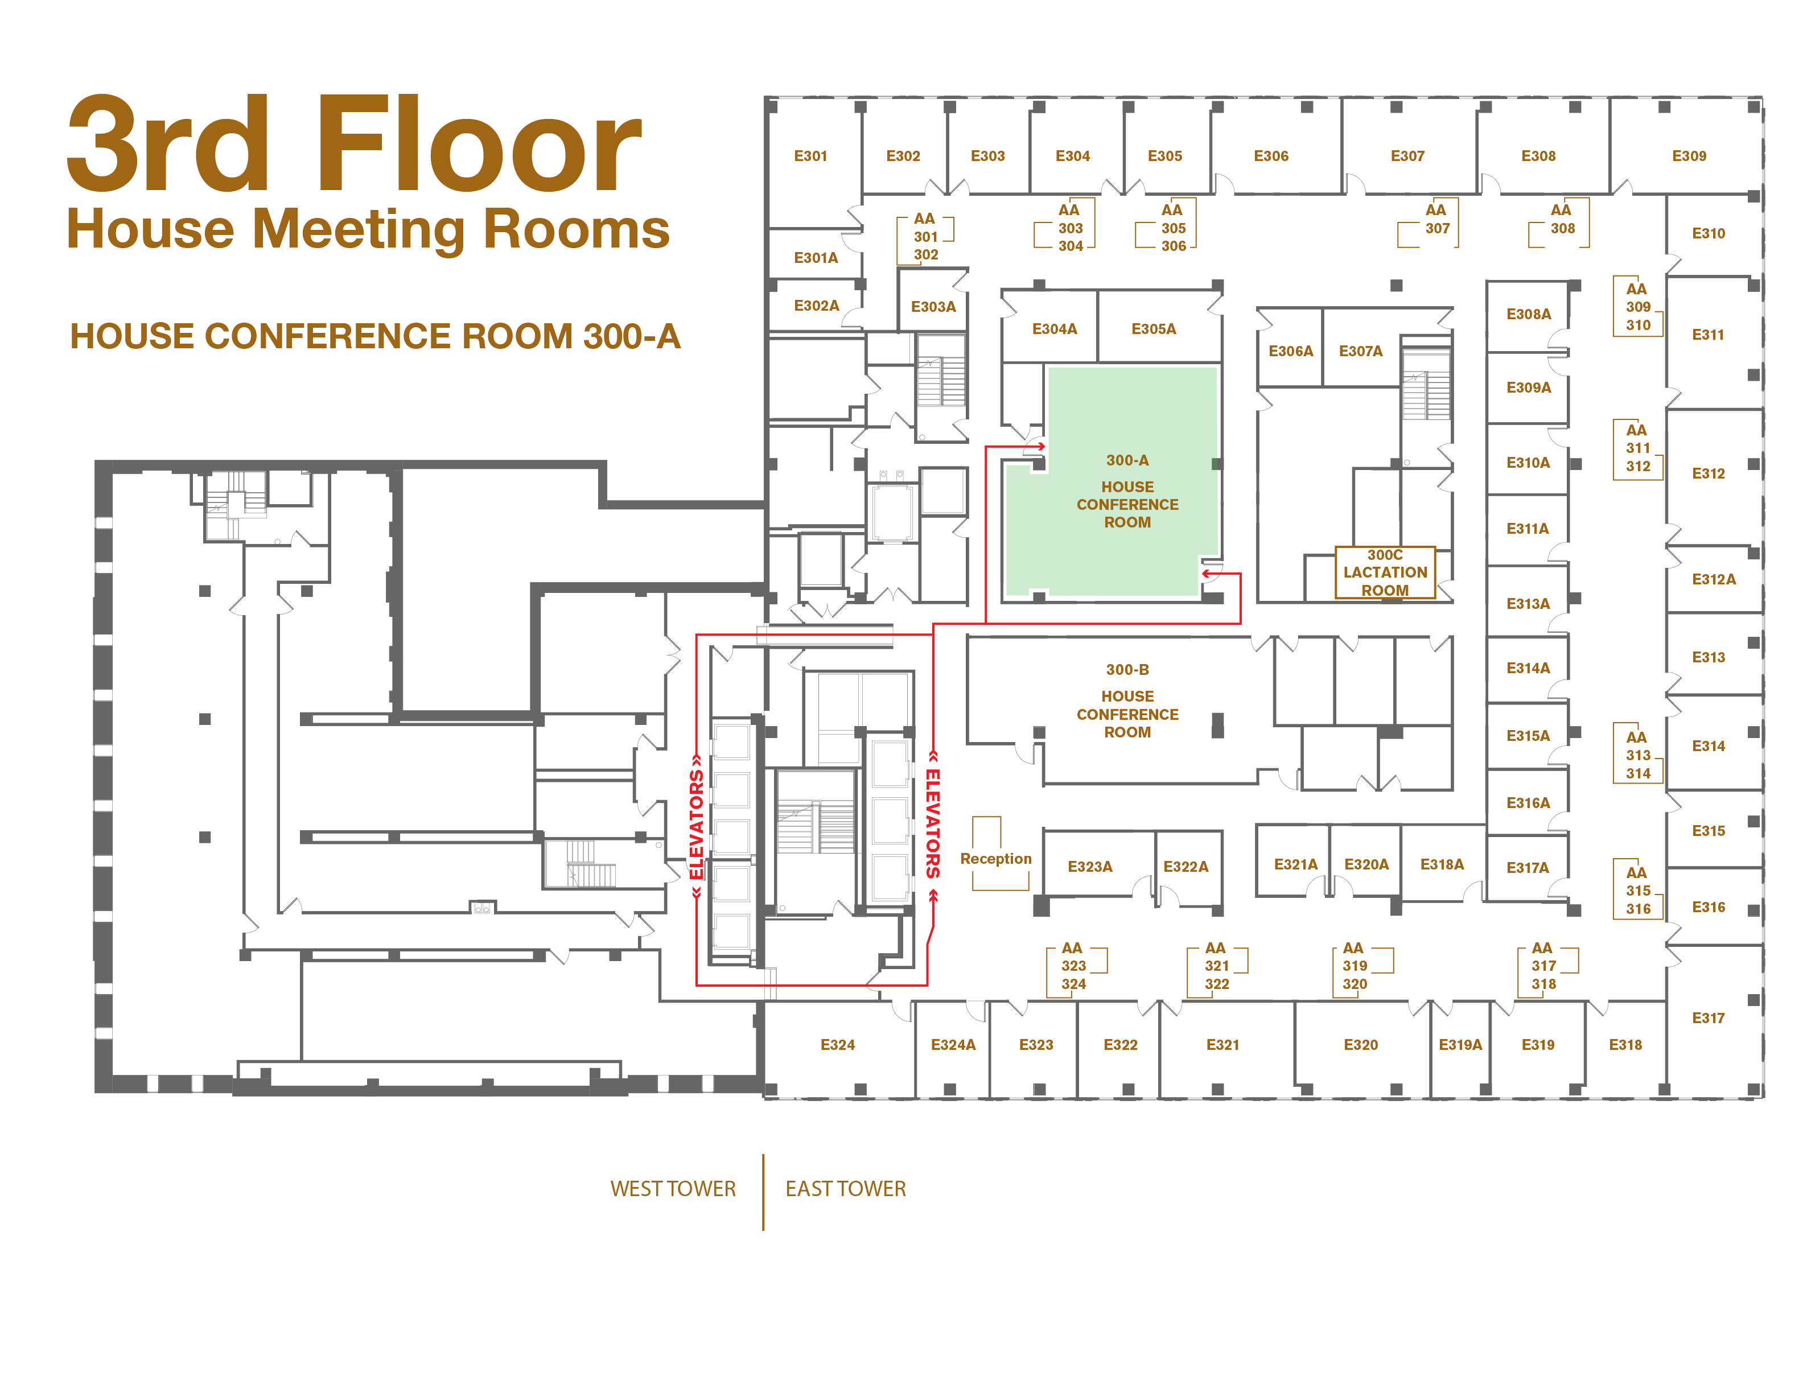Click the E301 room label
[x=810, y=156]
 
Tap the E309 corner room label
[x=1689, y=156]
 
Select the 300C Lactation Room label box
[x=1385, y=572]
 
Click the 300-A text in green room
[x=1127, y=460]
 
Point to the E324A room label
[x=953, y=1045]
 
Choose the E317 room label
[x=1708, y=1019]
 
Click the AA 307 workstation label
[x=1436, y=220]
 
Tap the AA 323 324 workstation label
[x=1073, y=966]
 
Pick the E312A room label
[x=1714, y=579]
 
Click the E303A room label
[x=933, y=307]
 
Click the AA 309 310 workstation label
[x=1638, y=307]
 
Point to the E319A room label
[x=1460, y=1045]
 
